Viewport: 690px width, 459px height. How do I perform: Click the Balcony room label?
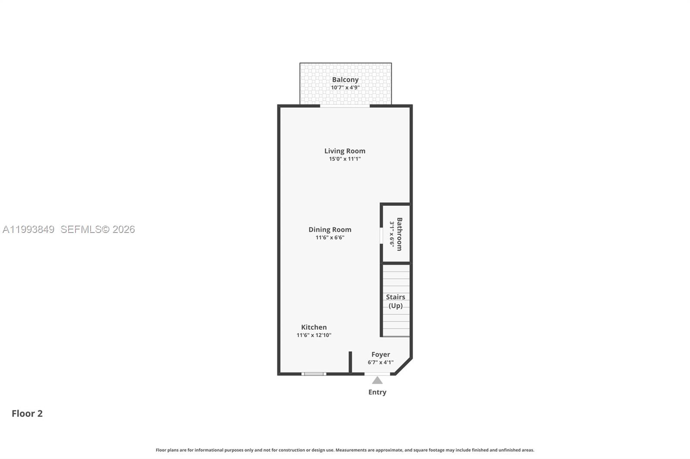345,80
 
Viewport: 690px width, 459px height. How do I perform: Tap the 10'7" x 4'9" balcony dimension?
345,88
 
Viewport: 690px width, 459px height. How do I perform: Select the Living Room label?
345,151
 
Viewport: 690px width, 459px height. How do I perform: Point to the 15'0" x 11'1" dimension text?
345,159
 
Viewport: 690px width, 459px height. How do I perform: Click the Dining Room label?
329,230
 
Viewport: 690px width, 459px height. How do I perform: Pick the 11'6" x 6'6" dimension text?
329,238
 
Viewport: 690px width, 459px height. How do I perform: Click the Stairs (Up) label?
395,301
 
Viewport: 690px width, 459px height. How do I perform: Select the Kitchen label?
314,327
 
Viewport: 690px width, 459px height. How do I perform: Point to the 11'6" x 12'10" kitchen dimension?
314,335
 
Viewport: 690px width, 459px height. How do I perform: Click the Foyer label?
380,355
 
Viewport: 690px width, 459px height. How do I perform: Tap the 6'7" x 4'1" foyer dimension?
380,363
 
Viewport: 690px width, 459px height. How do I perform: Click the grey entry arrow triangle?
377,381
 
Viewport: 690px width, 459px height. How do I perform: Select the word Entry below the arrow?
377,392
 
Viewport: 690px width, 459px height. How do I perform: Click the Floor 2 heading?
27,414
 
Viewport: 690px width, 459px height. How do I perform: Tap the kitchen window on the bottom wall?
314,374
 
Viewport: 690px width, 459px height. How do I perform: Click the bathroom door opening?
381,236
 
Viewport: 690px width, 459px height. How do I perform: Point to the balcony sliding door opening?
345,105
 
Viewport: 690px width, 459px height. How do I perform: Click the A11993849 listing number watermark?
28,229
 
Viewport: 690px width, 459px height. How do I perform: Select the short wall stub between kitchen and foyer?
350,362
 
